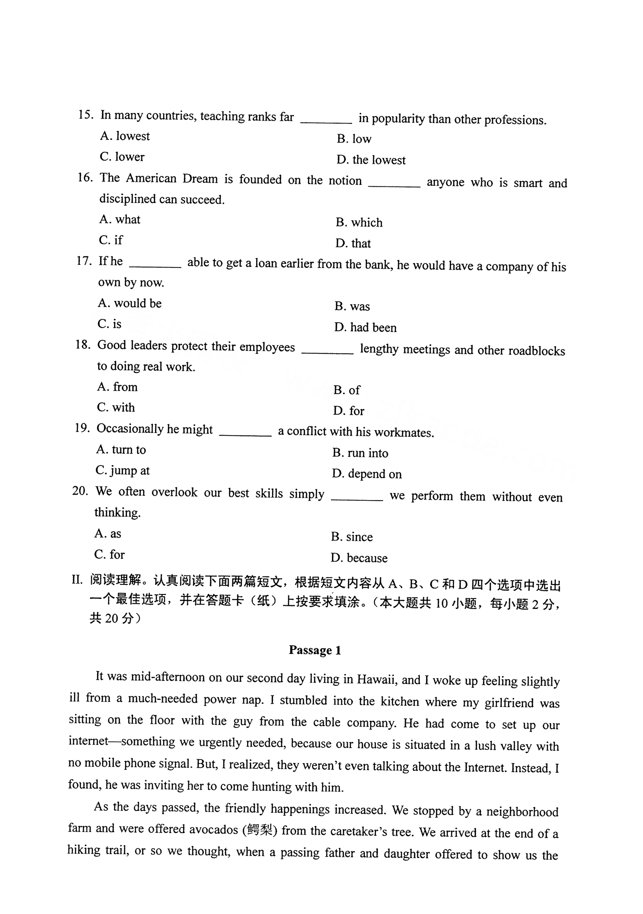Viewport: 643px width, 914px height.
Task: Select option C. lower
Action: pyautogui.click(x=122, y=157)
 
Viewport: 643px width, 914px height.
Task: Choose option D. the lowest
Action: pyautogui.click(x=371, y=160)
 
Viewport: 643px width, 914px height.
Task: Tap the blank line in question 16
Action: pyautogui.click(x=394, y=185)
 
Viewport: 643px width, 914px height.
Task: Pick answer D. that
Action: pyautogui.click(x=353, y=243)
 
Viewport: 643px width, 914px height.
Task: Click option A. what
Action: pyautogui.click(x=120, y=219)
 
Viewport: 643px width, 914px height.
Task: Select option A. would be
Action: pyautogui.click(x=130, y=303)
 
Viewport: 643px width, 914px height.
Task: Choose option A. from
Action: pyautogui.click(x=118, y=387)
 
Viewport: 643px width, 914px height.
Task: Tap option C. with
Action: pyautogui.click(x=116, y=408)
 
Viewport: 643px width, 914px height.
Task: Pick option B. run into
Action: pyautogui.click(x=360, y=453)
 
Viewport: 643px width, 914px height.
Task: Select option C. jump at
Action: pyautogui.click(x=122, y=470)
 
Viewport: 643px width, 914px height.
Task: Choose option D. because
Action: pyautogui.click(x=359, y=558)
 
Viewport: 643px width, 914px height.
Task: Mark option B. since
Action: pyautogui.click(x=352, y=537)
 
